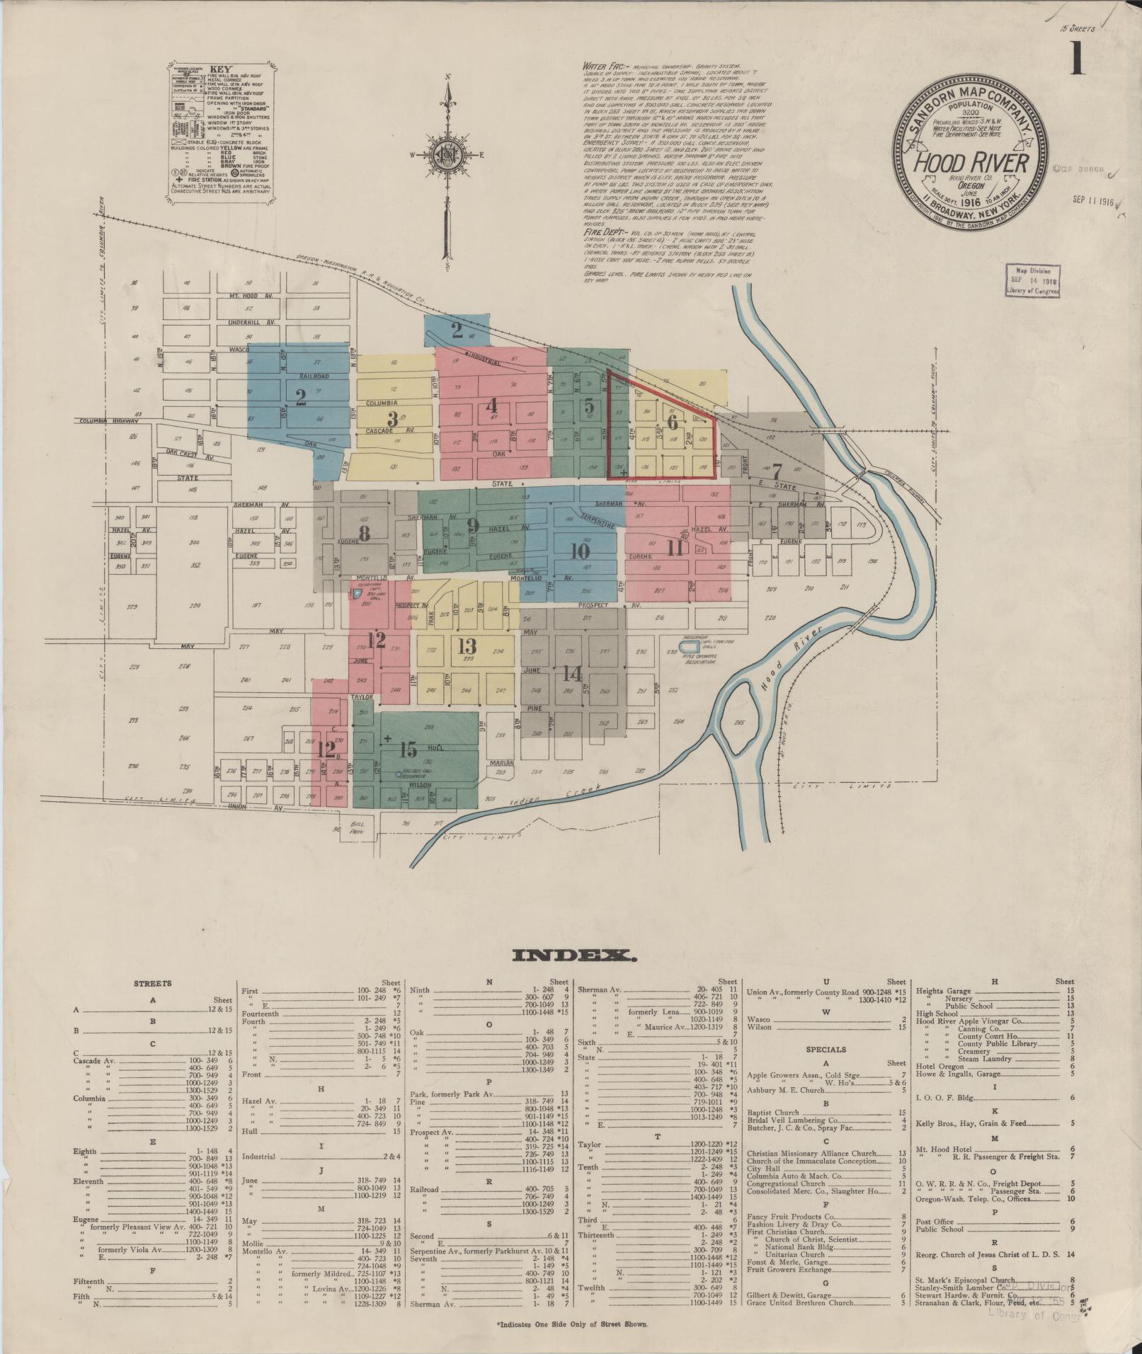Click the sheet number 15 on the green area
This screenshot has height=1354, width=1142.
(x=408, y=750)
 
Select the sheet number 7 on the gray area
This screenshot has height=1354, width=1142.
(x=776, y=471)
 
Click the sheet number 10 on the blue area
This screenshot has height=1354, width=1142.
(x=580, y=551)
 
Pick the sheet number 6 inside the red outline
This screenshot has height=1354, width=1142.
(x=672, y=423)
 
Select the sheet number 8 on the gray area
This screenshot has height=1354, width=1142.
(x=364, y=534)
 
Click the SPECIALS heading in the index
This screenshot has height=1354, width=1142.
(x=826, y=1050)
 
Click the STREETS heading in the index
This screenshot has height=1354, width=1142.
(x=153, y=983)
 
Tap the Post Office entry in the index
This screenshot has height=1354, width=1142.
(x=932, y=1221)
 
